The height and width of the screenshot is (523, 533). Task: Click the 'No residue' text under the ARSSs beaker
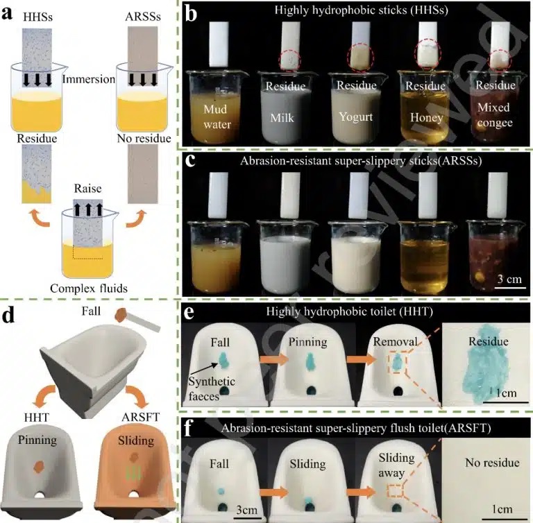point(144,139)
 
